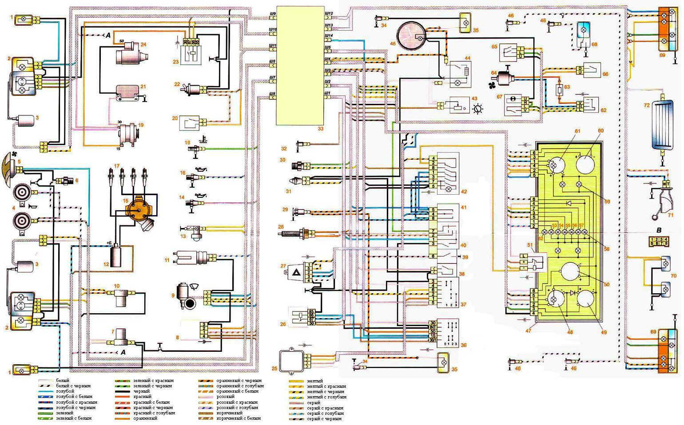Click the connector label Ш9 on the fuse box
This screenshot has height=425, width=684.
(273, 14)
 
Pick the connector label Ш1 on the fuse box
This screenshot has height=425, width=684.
(327, 93)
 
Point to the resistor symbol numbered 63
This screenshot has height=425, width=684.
(561, 89)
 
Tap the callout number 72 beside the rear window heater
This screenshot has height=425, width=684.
(647, 105)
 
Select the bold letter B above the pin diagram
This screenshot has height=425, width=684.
(659, 230)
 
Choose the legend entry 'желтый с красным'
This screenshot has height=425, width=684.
(326, 386)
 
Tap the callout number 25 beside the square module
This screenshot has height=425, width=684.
(274, 369)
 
